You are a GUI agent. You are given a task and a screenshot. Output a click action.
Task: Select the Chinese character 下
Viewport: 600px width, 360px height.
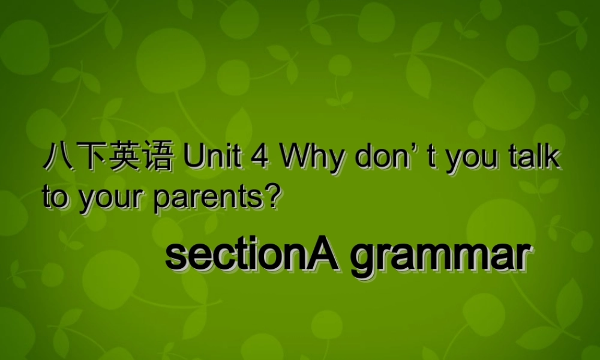click(x=91, y=160)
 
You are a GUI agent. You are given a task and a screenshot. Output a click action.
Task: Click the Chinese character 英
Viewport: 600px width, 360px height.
click(x=125, y=160)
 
